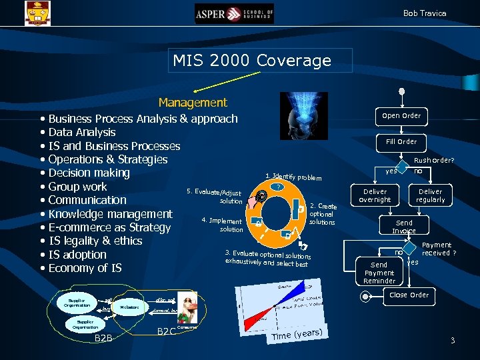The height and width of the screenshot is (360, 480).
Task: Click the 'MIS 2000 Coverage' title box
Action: (252, 61)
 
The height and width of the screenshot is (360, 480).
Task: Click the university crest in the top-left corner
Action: (37, 13)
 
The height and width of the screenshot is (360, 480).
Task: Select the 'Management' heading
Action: (193, 103)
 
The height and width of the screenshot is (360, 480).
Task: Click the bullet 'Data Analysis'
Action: (81, 132)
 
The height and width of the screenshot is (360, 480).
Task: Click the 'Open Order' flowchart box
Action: (401, 115)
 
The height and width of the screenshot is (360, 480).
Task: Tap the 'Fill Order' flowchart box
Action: (401, 141)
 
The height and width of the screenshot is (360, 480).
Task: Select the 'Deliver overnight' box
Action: (375, 195)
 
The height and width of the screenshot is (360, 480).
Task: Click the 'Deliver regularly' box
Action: (430, 195)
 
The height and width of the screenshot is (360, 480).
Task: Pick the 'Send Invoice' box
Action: (404, 227)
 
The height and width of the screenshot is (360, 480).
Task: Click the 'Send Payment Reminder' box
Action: (379, 272)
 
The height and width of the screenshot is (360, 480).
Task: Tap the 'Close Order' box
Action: (408, 295)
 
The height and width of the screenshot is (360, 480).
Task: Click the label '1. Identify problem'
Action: (293, 177)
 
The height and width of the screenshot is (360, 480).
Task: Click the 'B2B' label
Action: (103, 339)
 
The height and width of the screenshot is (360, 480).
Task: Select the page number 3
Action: (453, 341)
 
